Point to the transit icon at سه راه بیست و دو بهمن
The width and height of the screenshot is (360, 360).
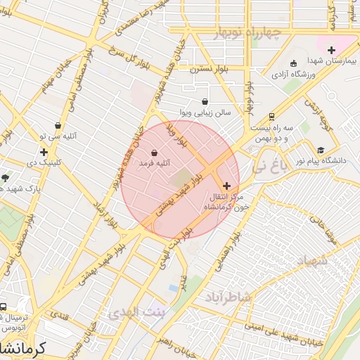coord(271,117)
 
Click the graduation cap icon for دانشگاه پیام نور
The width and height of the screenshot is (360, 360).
coord(321,150)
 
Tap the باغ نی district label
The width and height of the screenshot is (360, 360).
coord(269,167)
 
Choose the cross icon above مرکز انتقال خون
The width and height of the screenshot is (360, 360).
coord(226,186)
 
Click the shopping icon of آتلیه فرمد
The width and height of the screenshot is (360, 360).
coord(154,153)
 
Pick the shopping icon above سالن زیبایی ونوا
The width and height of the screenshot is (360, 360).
coord(205,101)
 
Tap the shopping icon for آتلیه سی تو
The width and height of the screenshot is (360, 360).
coord(58,126)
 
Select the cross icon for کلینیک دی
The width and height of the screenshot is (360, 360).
coord(44,152)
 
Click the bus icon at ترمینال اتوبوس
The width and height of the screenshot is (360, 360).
coord(4,307)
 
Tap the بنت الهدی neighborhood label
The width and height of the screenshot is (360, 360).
coord(140,311)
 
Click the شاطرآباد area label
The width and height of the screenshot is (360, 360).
coord(228,297)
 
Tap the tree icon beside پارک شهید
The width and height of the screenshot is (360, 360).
coord(6,178)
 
